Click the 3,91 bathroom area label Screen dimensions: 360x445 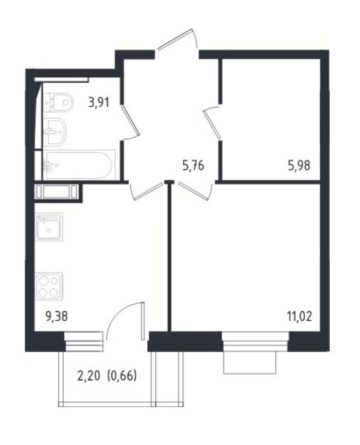pos(98,103)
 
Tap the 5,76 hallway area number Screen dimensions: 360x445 pos(193,166)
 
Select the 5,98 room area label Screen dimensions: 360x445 pos(299,166)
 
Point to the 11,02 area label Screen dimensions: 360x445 pos(299,316)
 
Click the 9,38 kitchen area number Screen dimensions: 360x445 pos(56,316)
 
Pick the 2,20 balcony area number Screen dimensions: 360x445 pos(88,376)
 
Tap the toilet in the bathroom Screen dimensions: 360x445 pos(59,103)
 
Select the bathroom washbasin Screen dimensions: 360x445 pos(55,132)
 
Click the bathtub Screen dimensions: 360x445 pos(79,166)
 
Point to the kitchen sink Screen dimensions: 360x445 pos(49,227)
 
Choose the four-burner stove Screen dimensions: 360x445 pos(49,286)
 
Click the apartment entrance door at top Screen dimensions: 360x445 pos(178,40)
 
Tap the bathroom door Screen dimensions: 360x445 pos(130,122)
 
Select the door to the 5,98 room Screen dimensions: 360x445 pos(213,122)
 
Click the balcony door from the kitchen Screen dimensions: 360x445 pos(126,321)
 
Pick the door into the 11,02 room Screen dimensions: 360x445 pos(196,191)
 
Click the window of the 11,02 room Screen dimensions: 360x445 pos(255,342)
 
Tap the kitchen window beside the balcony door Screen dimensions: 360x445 pos(84,341)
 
